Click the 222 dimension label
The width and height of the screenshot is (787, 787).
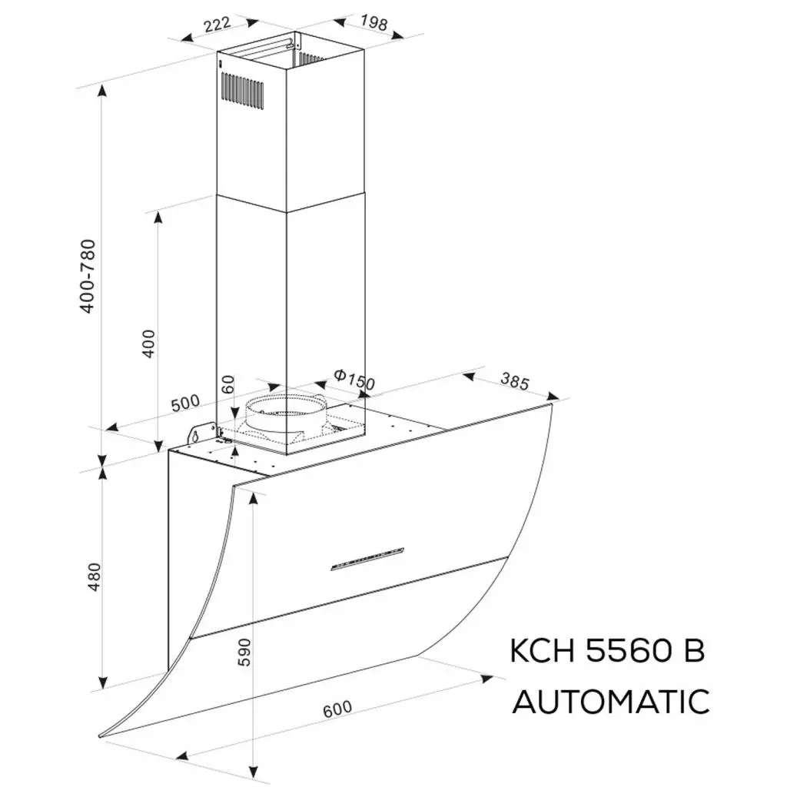pyautogui.click(x=218, y=24)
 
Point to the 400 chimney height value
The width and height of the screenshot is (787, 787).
pyautogui.click(x=149, y=343)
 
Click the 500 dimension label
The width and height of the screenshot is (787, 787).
pyautogui.click(x=184, y=402)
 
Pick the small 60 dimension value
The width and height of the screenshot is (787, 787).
pyautogui.click(x=227, y=385)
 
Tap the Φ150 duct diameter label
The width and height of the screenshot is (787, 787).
pyautogui.click(x=354, y=378)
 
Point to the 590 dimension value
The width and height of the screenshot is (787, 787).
pyautogui.click(x=244, y=652)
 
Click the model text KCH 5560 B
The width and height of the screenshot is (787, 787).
pyautogui.click(x=607, y=652)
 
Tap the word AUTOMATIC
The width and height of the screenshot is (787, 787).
pyautogui.click(x=611, y=702)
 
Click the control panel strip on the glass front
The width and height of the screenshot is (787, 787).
pyautogui.click(x=367, y=559)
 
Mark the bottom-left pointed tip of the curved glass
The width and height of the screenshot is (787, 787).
pyautogui.click(x=102, y=736)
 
